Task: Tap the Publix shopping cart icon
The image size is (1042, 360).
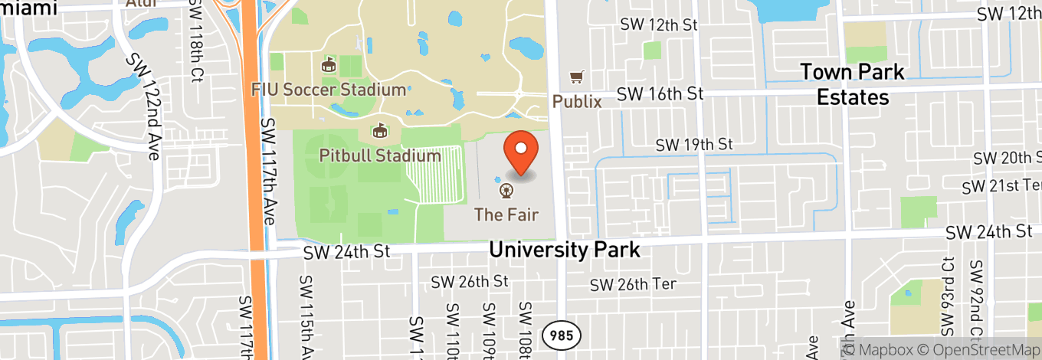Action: click(576, 77)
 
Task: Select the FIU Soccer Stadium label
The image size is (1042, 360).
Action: click(329, 90)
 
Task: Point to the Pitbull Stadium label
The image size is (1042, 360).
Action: click(380, 156)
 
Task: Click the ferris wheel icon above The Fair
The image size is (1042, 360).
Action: click(506, 190)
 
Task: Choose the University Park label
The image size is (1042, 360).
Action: click(564, 250)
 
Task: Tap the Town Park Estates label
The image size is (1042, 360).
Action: click(852, 85)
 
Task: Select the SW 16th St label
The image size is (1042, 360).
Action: click(660, 93)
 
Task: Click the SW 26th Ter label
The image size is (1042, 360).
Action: click(633, 284)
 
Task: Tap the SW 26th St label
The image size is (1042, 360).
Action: click(470, 281)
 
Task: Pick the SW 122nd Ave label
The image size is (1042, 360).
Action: click(144, 106)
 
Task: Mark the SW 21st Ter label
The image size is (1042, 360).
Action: click(1001, 186)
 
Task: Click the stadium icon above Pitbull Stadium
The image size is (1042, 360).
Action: click(378, 132)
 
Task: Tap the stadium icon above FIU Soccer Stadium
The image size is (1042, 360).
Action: click(329, 65)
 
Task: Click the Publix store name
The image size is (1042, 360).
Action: click(577, 101)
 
